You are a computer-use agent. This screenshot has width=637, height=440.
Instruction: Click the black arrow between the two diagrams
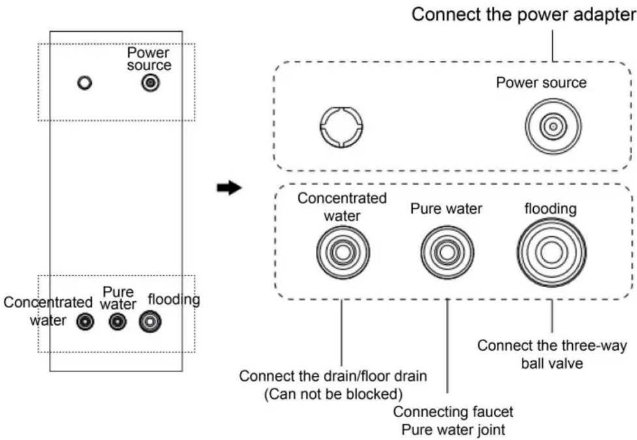tap(229, 188)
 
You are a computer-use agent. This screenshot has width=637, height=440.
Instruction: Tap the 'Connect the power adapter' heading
tap(524, 15)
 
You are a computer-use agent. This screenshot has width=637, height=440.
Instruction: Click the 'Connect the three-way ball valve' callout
tap(552, 355)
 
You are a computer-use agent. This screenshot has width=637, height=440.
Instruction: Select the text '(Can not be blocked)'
tap(333, 394)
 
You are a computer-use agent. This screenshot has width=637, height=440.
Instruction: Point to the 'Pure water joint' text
tap(453, 429)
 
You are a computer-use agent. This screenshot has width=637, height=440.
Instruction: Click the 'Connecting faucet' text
tap(453, 412)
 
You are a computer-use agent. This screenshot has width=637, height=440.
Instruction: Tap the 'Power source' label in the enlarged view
tap(541, 83)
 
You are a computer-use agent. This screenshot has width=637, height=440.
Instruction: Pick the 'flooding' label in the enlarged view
tap(551, 209)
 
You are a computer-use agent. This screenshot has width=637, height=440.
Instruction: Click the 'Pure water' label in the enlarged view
tap(446, 209)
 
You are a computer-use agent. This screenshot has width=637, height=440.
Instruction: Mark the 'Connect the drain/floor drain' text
tap(333, 376)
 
